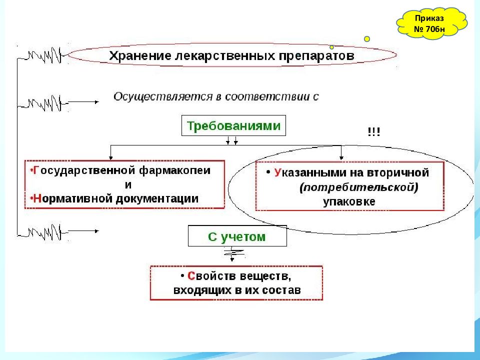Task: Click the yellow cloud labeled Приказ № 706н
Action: (x=431, y=23)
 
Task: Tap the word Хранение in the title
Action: (x=140, y=55)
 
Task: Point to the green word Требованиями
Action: (x=233, y=126)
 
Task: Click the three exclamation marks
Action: (x=374, y=132)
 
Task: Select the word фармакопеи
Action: (x=175, y=170)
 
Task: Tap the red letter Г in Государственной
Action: (x=36, y=170)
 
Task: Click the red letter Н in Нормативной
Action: (x=37, y=198)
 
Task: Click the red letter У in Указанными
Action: (x=277, y=172)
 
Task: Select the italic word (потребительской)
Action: (x=359, y=187)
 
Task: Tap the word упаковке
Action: (x=349, y=201)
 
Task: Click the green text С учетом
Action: (x=236, y=236)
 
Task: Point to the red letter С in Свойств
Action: (x=191, y=276)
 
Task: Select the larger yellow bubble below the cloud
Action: (x=366, y=39)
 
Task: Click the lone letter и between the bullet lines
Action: (x=128, y=185)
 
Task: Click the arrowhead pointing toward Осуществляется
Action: (x=97, y=102)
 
